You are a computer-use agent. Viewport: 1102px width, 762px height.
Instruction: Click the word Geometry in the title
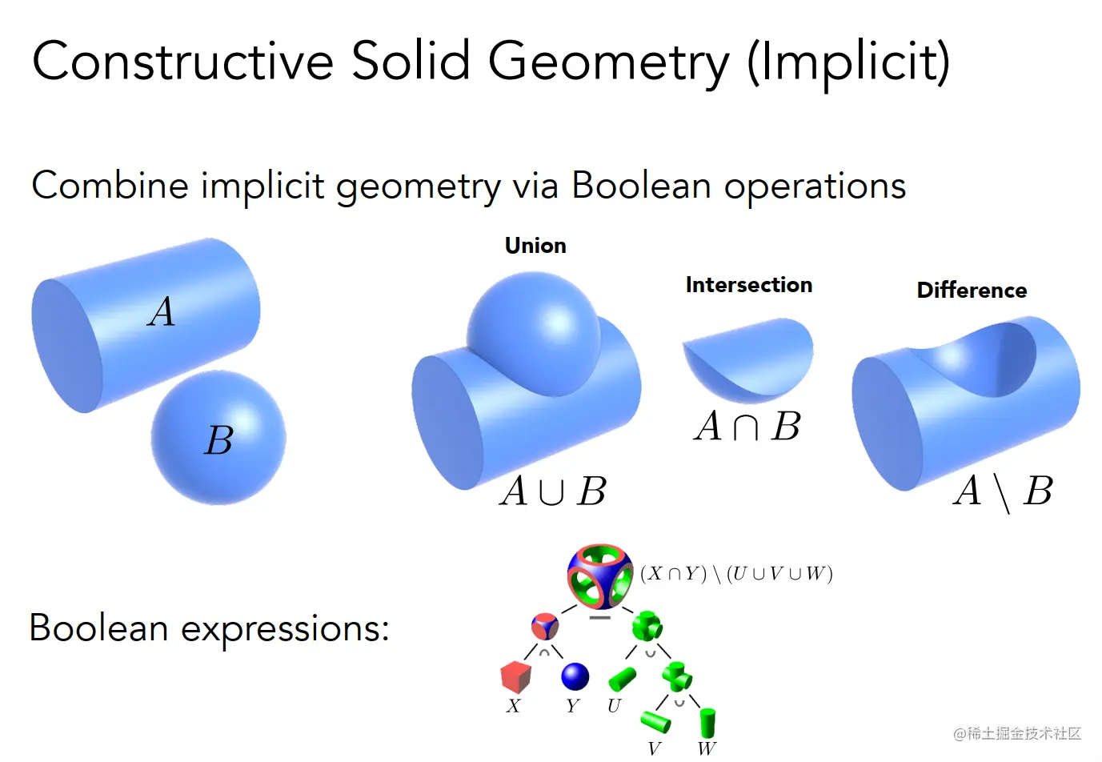point(609,63)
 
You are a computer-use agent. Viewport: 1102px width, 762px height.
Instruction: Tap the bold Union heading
point(535,246)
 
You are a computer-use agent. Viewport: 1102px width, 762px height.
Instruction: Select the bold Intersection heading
point(749,285)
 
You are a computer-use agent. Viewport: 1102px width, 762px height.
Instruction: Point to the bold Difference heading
point(972,291)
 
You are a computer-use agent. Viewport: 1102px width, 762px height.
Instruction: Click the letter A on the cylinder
point(162,312)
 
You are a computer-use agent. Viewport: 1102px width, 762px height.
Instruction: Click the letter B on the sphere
point(218,439)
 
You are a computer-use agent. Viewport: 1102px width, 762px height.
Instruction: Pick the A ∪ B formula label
point(554,491)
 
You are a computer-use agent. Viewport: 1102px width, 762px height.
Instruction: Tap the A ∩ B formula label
point(747,426)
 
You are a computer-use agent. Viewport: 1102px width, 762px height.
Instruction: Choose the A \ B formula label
point(1003,492)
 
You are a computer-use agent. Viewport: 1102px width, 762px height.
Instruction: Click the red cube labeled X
point(515,677)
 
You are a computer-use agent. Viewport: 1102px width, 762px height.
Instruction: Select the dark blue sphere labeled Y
point(575,676)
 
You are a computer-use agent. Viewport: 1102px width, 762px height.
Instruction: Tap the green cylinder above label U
point(622,680)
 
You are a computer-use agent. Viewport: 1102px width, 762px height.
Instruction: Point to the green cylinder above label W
point(707,723)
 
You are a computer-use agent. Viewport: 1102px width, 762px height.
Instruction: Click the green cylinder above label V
point(655,722)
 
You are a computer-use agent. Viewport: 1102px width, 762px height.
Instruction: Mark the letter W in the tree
point(707,748)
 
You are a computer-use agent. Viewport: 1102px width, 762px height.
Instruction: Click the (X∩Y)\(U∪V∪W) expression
point(736,574)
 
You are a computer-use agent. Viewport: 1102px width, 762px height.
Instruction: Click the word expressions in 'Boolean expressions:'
point(285,630)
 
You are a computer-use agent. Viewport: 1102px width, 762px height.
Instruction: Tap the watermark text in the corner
point(1017,733)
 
